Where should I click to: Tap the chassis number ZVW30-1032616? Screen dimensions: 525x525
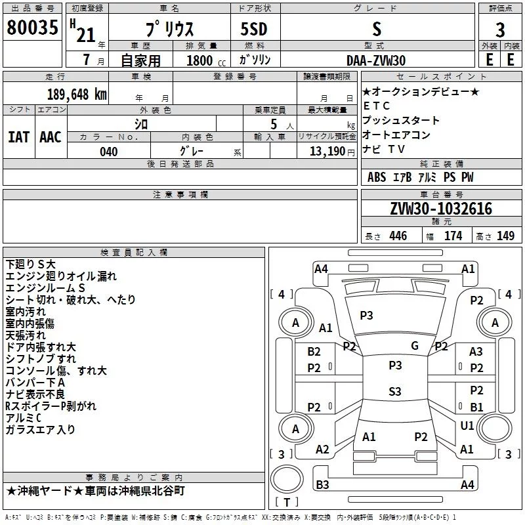pos(441,209)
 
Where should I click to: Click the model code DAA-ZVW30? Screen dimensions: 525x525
pos(376,60)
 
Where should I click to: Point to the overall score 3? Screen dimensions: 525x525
pos(500,30)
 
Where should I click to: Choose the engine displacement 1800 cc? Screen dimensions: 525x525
pos(201,60)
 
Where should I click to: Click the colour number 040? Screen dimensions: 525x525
pos(109,152)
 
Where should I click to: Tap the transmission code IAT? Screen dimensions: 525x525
pos(18,136)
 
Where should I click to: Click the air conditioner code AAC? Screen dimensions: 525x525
pos(51,136)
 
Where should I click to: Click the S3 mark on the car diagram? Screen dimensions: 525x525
pos(394,392)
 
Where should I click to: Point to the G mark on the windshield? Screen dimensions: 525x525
pos(415,345)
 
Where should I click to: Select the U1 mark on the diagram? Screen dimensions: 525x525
pos(467,426)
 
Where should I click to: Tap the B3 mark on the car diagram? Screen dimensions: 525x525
pos(322,485)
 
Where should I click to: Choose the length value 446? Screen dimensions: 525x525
pos(398,236)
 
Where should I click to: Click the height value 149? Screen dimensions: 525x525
pos(505,236)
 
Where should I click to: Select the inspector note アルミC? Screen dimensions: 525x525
pos(24,418)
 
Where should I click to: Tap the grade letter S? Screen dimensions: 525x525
pos(376,29)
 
